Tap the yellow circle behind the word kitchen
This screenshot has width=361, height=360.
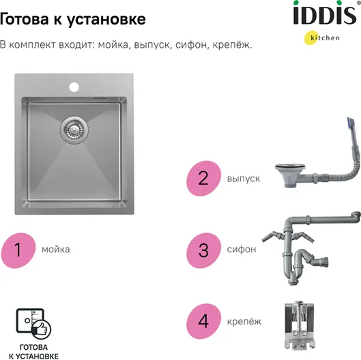311,37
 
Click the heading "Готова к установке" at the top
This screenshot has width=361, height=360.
73,19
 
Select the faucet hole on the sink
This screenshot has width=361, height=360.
74,87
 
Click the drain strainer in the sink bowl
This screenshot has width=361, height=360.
74,130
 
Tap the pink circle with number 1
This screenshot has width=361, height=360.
18,250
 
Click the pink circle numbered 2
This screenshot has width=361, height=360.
203,178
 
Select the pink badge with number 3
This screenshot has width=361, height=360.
203,250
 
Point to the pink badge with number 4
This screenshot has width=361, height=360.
203,321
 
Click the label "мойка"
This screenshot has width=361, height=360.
56,250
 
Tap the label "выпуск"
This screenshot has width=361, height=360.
244,179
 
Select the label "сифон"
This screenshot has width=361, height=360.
242,250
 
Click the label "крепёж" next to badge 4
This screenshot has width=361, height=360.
244,322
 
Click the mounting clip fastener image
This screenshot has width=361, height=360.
299,325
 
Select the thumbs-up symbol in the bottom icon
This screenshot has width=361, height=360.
42,329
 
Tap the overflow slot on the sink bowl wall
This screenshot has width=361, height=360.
101,98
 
